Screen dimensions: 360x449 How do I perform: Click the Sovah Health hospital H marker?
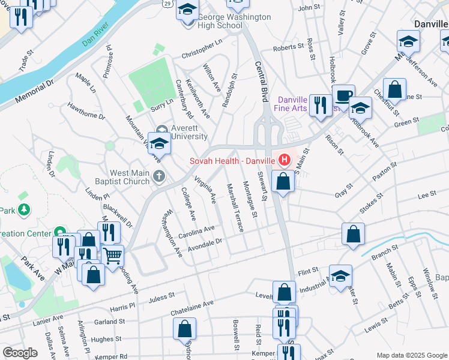tap(284, 160)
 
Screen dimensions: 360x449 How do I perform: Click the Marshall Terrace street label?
tap(234, 208)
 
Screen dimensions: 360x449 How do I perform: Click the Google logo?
tap(20, 353)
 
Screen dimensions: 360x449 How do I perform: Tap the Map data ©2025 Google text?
tap(411, 355)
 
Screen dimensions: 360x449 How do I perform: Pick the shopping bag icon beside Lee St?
tap(354, 234)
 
